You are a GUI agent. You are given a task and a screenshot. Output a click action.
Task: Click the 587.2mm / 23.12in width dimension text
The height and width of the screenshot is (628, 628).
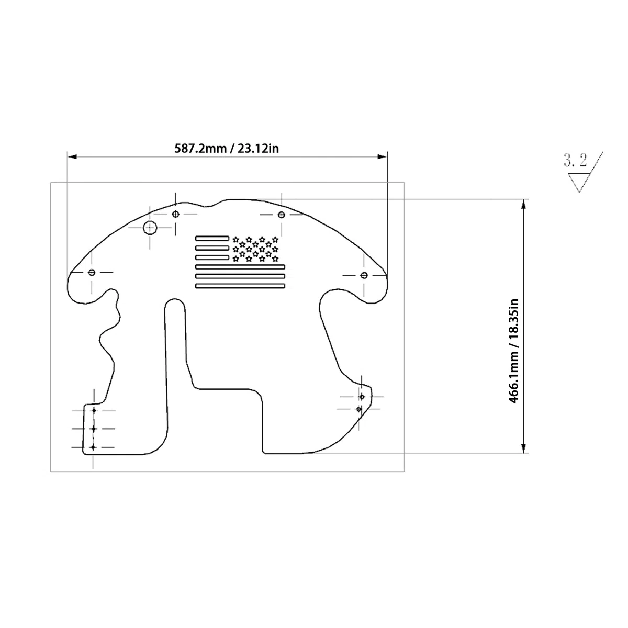click(227, 149)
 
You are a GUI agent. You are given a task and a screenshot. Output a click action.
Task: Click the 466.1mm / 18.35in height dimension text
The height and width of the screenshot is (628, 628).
click(513, 351)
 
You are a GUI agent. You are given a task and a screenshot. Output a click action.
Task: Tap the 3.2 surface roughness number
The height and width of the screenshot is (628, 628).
click(575, 160)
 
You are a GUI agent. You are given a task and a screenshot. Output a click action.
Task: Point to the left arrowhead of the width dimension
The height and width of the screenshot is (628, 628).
click(72, 157)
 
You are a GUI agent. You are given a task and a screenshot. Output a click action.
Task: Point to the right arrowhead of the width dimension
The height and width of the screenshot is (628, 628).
click(382, 157)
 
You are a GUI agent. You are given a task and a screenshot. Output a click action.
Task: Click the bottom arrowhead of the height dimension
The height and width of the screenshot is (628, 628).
click(523, 448)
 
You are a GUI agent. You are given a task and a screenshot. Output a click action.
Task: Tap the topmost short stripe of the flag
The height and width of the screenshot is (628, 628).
click(212, 238)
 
